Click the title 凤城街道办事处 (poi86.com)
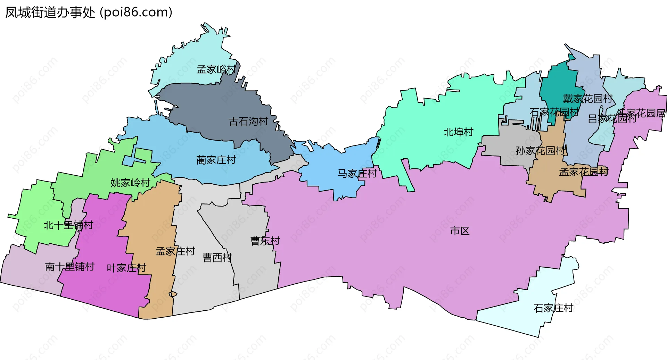click(89, 12)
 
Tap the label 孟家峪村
click(216, 69)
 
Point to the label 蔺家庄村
click(216, 160)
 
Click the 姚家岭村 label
click(130, 183)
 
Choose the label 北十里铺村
click(68, 225)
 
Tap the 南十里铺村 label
click(70, 267)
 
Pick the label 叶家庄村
click(126, 268)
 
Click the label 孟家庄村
click(175, 251)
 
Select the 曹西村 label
click(217, 258)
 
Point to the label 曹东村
click(265, 241)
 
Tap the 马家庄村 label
click(357, 173)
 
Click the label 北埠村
click(459, 132)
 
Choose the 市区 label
click(460, 231)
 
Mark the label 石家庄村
click(553, 308)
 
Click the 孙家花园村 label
click(541, 151)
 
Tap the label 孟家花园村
click(584, 172)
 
